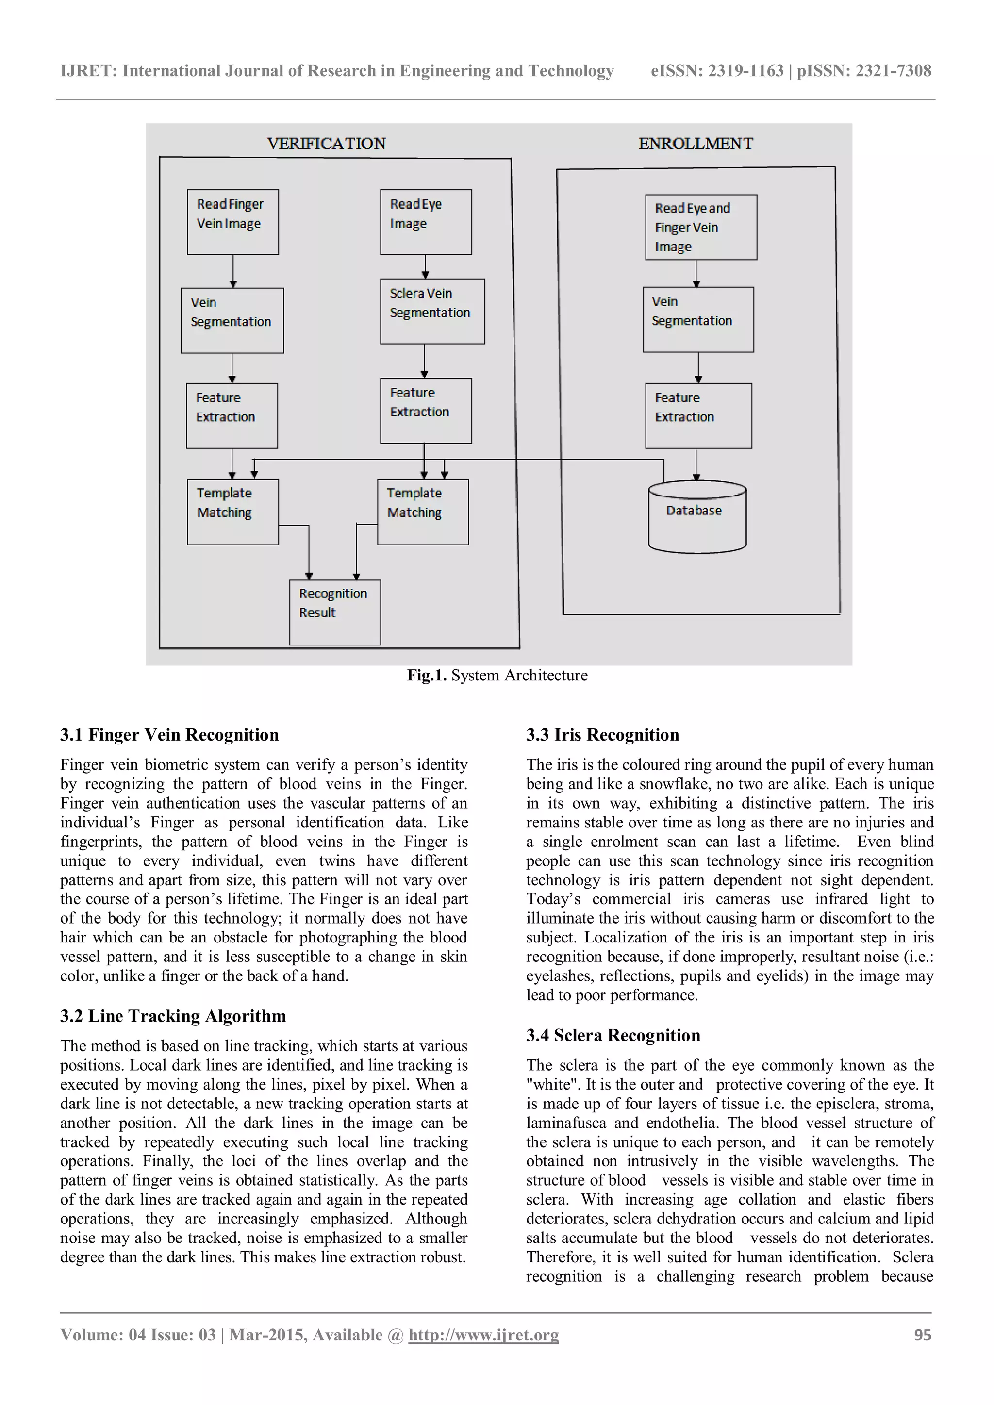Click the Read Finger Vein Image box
pyautogui.click(x=232, y=222)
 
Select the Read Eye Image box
pyautogui.click(x=426, y=222)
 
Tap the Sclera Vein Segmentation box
pyautogui.click(x=432, y=311)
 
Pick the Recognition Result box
pyautogui.click(x=335, y=612)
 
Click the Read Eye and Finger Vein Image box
pyautogui.click(x=701, y=227)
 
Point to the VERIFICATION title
pyautogui.click(x=326, y=143)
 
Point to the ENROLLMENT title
pyautogui.click(x=696, y=143)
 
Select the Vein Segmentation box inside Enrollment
pyautogui.click(x=698, y=319)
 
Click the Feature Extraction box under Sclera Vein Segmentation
pyautogui.click(x=426, y=411)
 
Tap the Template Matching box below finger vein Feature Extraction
pyautogui.click(x=232, y=512)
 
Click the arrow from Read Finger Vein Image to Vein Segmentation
pyautogui.click(x=232, y=271)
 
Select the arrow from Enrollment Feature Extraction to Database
pyautogui.click(x=696, y=465)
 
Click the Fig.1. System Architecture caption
pyautogui.click(x=497, y=675)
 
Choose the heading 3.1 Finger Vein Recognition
pyautogui.click(x=169, y=734)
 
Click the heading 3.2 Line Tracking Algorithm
pyautogui.click(x=173, y=1016)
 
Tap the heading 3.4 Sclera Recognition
pyautogui.click(x=613, y=1035)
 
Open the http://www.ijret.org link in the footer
pyautogui.click(x=483, y=1335)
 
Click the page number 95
pyautogui.click(x=922, y=1335)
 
